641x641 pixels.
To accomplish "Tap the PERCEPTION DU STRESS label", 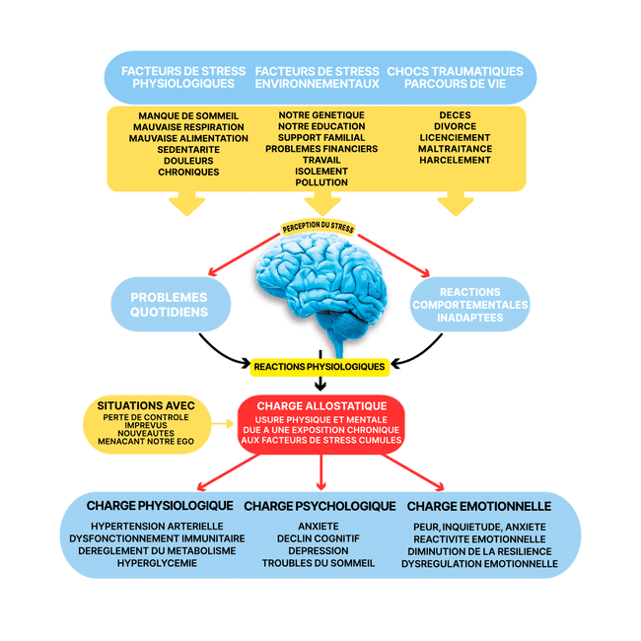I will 319,228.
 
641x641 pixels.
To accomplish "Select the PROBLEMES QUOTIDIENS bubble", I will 170,305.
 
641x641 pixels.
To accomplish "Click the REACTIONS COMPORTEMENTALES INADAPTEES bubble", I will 470,305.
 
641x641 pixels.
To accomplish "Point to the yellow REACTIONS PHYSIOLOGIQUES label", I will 320,366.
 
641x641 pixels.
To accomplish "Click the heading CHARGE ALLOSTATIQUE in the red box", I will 321,405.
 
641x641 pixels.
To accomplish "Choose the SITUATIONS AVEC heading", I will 146,405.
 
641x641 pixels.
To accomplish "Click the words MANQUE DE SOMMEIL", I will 188,115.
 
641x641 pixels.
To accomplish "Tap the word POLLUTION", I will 321,182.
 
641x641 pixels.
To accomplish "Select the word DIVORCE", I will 456,126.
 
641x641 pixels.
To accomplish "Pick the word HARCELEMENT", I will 456,160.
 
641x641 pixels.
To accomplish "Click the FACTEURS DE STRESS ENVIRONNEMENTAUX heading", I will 317,77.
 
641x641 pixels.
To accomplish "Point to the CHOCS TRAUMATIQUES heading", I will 455,71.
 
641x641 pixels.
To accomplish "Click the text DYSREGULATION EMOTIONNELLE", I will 479,564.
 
